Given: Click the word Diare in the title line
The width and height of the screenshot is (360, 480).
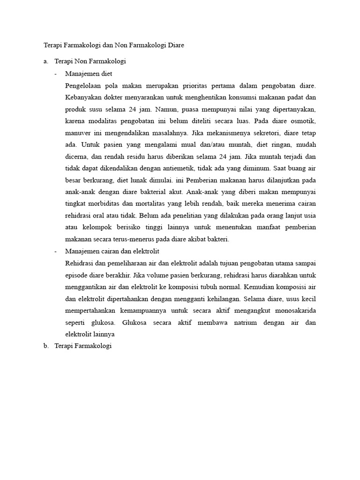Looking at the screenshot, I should (176, 45).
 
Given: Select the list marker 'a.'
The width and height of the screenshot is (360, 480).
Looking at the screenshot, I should (45, 61).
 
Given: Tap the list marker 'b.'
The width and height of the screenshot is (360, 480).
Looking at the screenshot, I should (45, 346).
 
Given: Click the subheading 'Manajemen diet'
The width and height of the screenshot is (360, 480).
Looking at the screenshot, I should (89, 74).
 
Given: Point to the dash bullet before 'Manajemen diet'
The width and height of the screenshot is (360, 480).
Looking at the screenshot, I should (56, 74).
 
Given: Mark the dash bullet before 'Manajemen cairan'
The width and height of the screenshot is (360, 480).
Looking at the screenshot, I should (56, 252).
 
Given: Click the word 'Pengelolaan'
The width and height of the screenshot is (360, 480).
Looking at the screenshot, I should (85, 86).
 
